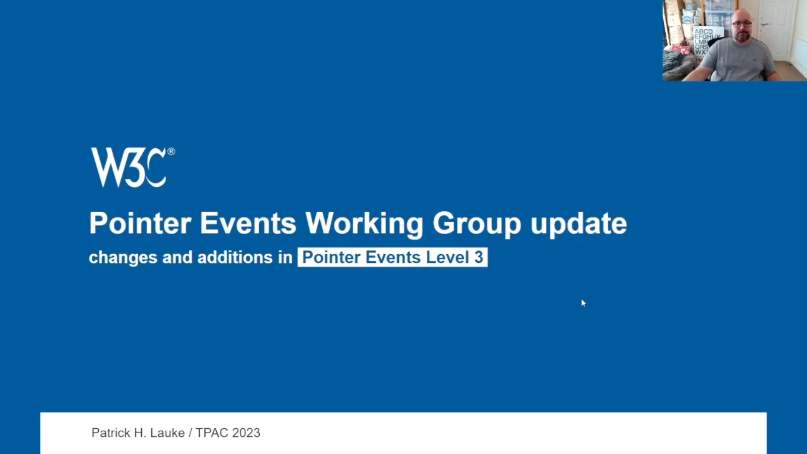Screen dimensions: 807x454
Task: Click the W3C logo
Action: point(133,167)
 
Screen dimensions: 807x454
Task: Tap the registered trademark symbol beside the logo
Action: point(171,151)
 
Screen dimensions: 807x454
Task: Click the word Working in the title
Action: point(364,224)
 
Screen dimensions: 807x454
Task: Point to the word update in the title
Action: point(579,223)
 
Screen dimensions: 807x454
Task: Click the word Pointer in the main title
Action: point(140,223)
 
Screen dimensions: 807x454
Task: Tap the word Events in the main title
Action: point(248,223)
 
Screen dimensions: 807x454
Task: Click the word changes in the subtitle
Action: point(123,258)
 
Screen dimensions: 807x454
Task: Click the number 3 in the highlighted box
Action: point(479,257)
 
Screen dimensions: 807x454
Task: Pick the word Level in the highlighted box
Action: point(447,257)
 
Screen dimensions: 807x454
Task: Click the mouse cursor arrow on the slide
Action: point(584,303)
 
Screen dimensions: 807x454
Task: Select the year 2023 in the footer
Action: point(246,433)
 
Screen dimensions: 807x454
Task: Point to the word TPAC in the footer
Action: point(212,433)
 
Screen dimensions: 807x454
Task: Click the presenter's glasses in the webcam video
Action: point(742,24)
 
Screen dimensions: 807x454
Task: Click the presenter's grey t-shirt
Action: point(737,61)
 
